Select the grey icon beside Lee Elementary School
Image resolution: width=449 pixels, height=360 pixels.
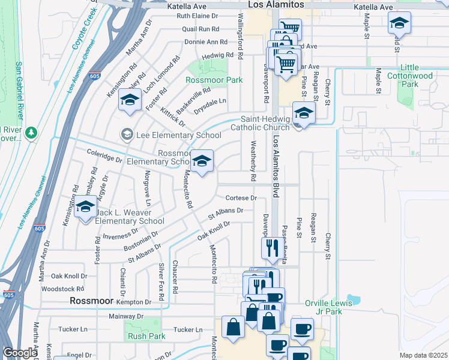127,134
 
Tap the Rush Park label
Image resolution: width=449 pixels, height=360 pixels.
146,337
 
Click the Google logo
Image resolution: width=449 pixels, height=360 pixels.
20,353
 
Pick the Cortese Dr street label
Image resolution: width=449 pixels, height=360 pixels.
241,198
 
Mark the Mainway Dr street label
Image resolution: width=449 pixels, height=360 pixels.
127,316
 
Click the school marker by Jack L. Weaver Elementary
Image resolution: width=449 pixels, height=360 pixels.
86,207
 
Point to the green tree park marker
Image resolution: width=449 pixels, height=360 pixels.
29,133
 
